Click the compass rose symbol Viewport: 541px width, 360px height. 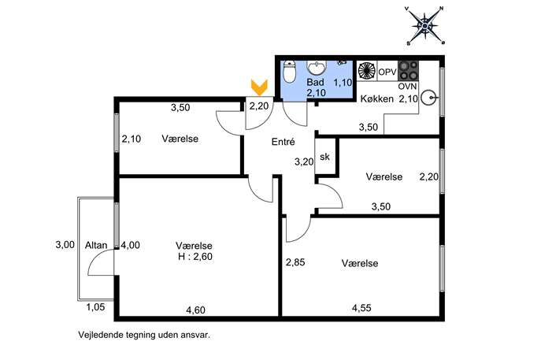tap(425, 26)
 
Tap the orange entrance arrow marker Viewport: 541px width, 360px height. tap(259, 87)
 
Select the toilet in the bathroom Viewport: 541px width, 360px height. tap(289, 72)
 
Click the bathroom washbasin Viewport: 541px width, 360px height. tap(317, 67)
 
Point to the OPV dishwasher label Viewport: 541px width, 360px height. tap(387, 72)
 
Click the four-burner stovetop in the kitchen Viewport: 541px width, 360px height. tap(408, 71)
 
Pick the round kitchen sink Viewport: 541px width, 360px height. tap(430, 98)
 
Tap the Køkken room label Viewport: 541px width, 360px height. tap(376, 98)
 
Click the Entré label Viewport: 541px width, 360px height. tap(283, 142)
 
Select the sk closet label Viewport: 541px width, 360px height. tap(324, 157)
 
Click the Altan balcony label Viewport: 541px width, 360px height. tap(96, 245)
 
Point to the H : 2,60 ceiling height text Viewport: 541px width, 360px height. tap(195, 257)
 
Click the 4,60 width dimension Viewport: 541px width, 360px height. tap(195, 310)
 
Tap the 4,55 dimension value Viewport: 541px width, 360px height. tap(361, 307)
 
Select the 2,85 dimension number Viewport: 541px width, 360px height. tap(295, 262)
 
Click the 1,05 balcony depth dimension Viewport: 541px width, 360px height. tap(95, 307)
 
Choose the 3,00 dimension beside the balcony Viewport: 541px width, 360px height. tap(65, 245)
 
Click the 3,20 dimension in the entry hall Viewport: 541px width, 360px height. tap(304, 161)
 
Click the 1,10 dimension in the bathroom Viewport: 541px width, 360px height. tap(343, 83)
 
